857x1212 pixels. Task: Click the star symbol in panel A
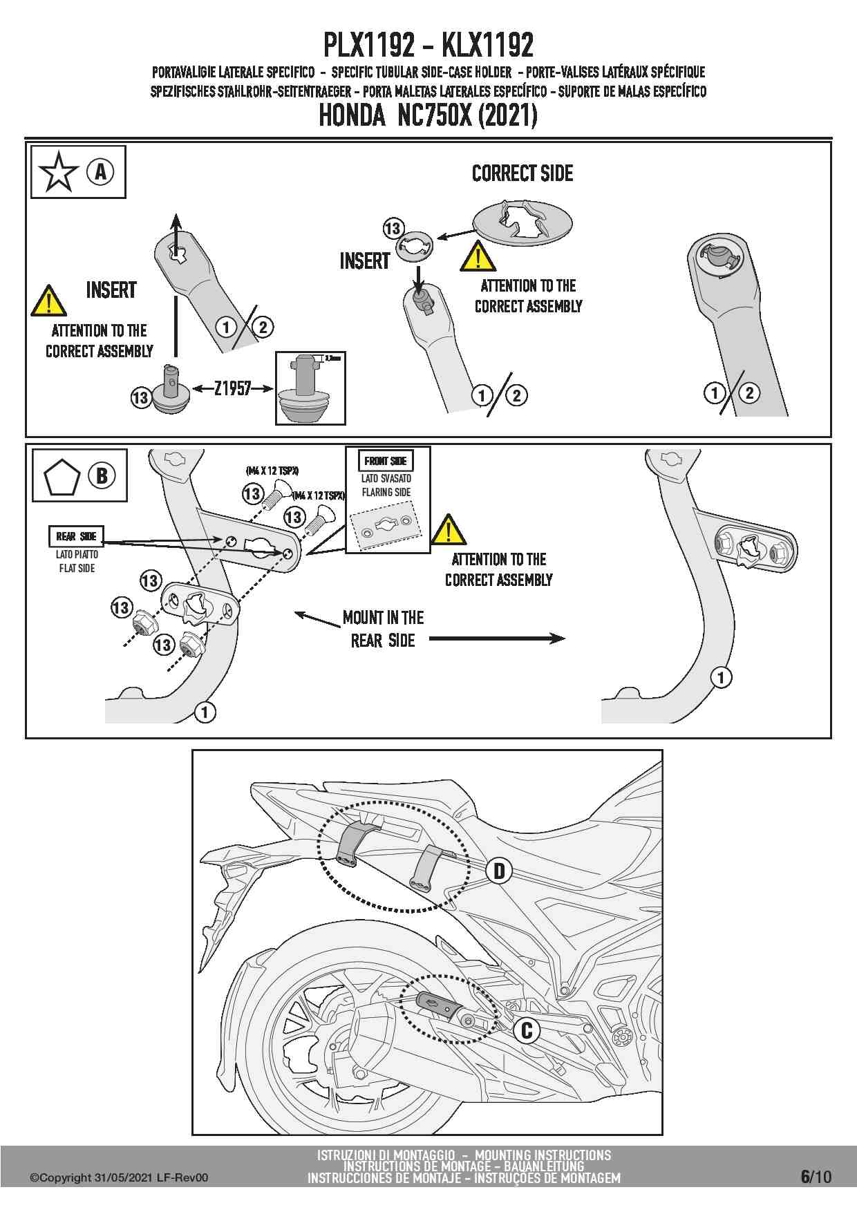pos(59,172)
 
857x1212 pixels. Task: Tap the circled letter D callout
pos(499,871)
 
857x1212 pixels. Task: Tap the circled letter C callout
pos(527,1030)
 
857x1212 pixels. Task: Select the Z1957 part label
pos(232,388)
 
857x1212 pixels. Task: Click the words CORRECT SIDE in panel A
pos(522,173)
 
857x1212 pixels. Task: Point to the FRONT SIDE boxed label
pos(386,461)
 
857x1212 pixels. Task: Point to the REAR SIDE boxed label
pos(77,536)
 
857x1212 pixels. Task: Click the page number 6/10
pos(816,1176)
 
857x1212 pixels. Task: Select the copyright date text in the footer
pos(118,1178)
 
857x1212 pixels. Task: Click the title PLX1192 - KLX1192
pos(428,46)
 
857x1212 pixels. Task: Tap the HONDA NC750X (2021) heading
pos(428,115)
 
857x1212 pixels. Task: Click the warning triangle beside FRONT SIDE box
pos(449,530)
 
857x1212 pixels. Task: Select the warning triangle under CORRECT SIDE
pos(478,256)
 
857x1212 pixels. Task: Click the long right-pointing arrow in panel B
pos(497,639)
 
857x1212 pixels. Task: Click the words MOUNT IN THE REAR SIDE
pos(384,629)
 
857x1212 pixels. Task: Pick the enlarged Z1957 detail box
pos(310,388)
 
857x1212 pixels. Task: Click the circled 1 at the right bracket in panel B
pos(721,677)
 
